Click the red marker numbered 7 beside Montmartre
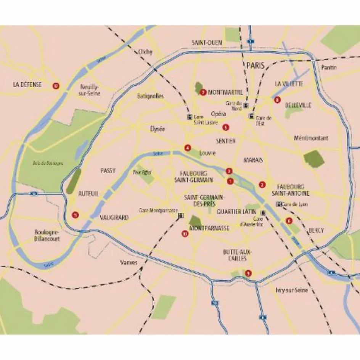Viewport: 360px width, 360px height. pos(203,92)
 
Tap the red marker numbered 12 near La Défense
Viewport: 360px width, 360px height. pos(56,85)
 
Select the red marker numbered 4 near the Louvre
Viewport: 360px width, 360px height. pos(187,148)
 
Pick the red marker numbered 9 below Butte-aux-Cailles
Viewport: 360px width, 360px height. pos(249,273)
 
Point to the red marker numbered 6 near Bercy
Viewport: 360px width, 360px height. pos(288,220)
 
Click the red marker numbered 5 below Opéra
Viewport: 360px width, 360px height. pos(226,127)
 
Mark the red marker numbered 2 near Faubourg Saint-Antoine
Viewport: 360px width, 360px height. pos(262,185)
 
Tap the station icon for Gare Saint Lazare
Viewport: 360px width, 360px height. pos(188,117)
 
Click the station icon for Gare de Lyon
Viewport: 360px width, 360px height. pos(278,204)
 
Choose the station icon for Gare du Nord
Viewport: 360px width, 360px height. pos(246,106)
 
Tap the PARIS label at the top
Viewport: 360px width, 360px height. pos(255,66)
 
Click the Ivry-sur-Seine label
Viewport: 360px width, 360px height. pos(291,290)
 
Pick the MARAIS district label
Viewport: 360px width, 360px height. pos(253,160)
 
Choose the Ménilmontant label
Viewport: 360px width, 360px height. pos(311,138)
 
